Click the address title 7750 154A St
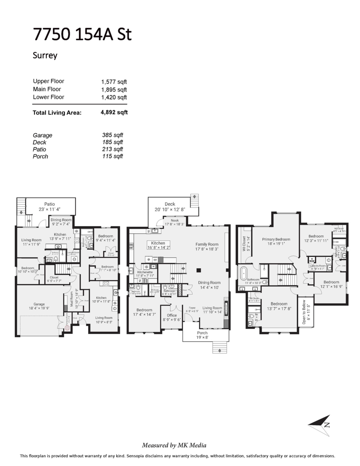click(x=82, y=35)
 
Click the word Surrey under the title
click(x=45, y=55)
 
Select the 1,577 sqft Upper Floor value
click(x=114, y=82)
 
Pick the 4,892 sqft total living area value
click(x=114, y=113)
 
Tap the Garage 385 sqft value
click(x=112, y=135)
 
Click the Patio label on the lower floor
click(x=49, y=204)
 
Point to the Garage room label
click(x=39, y=304)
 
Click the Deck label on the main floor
click(x=170, y=204)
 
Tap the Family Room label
click(x=207, y=244)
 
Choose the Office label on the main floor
click(x=172, y=315)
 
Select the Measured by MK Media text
click(x=174, y=445)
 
